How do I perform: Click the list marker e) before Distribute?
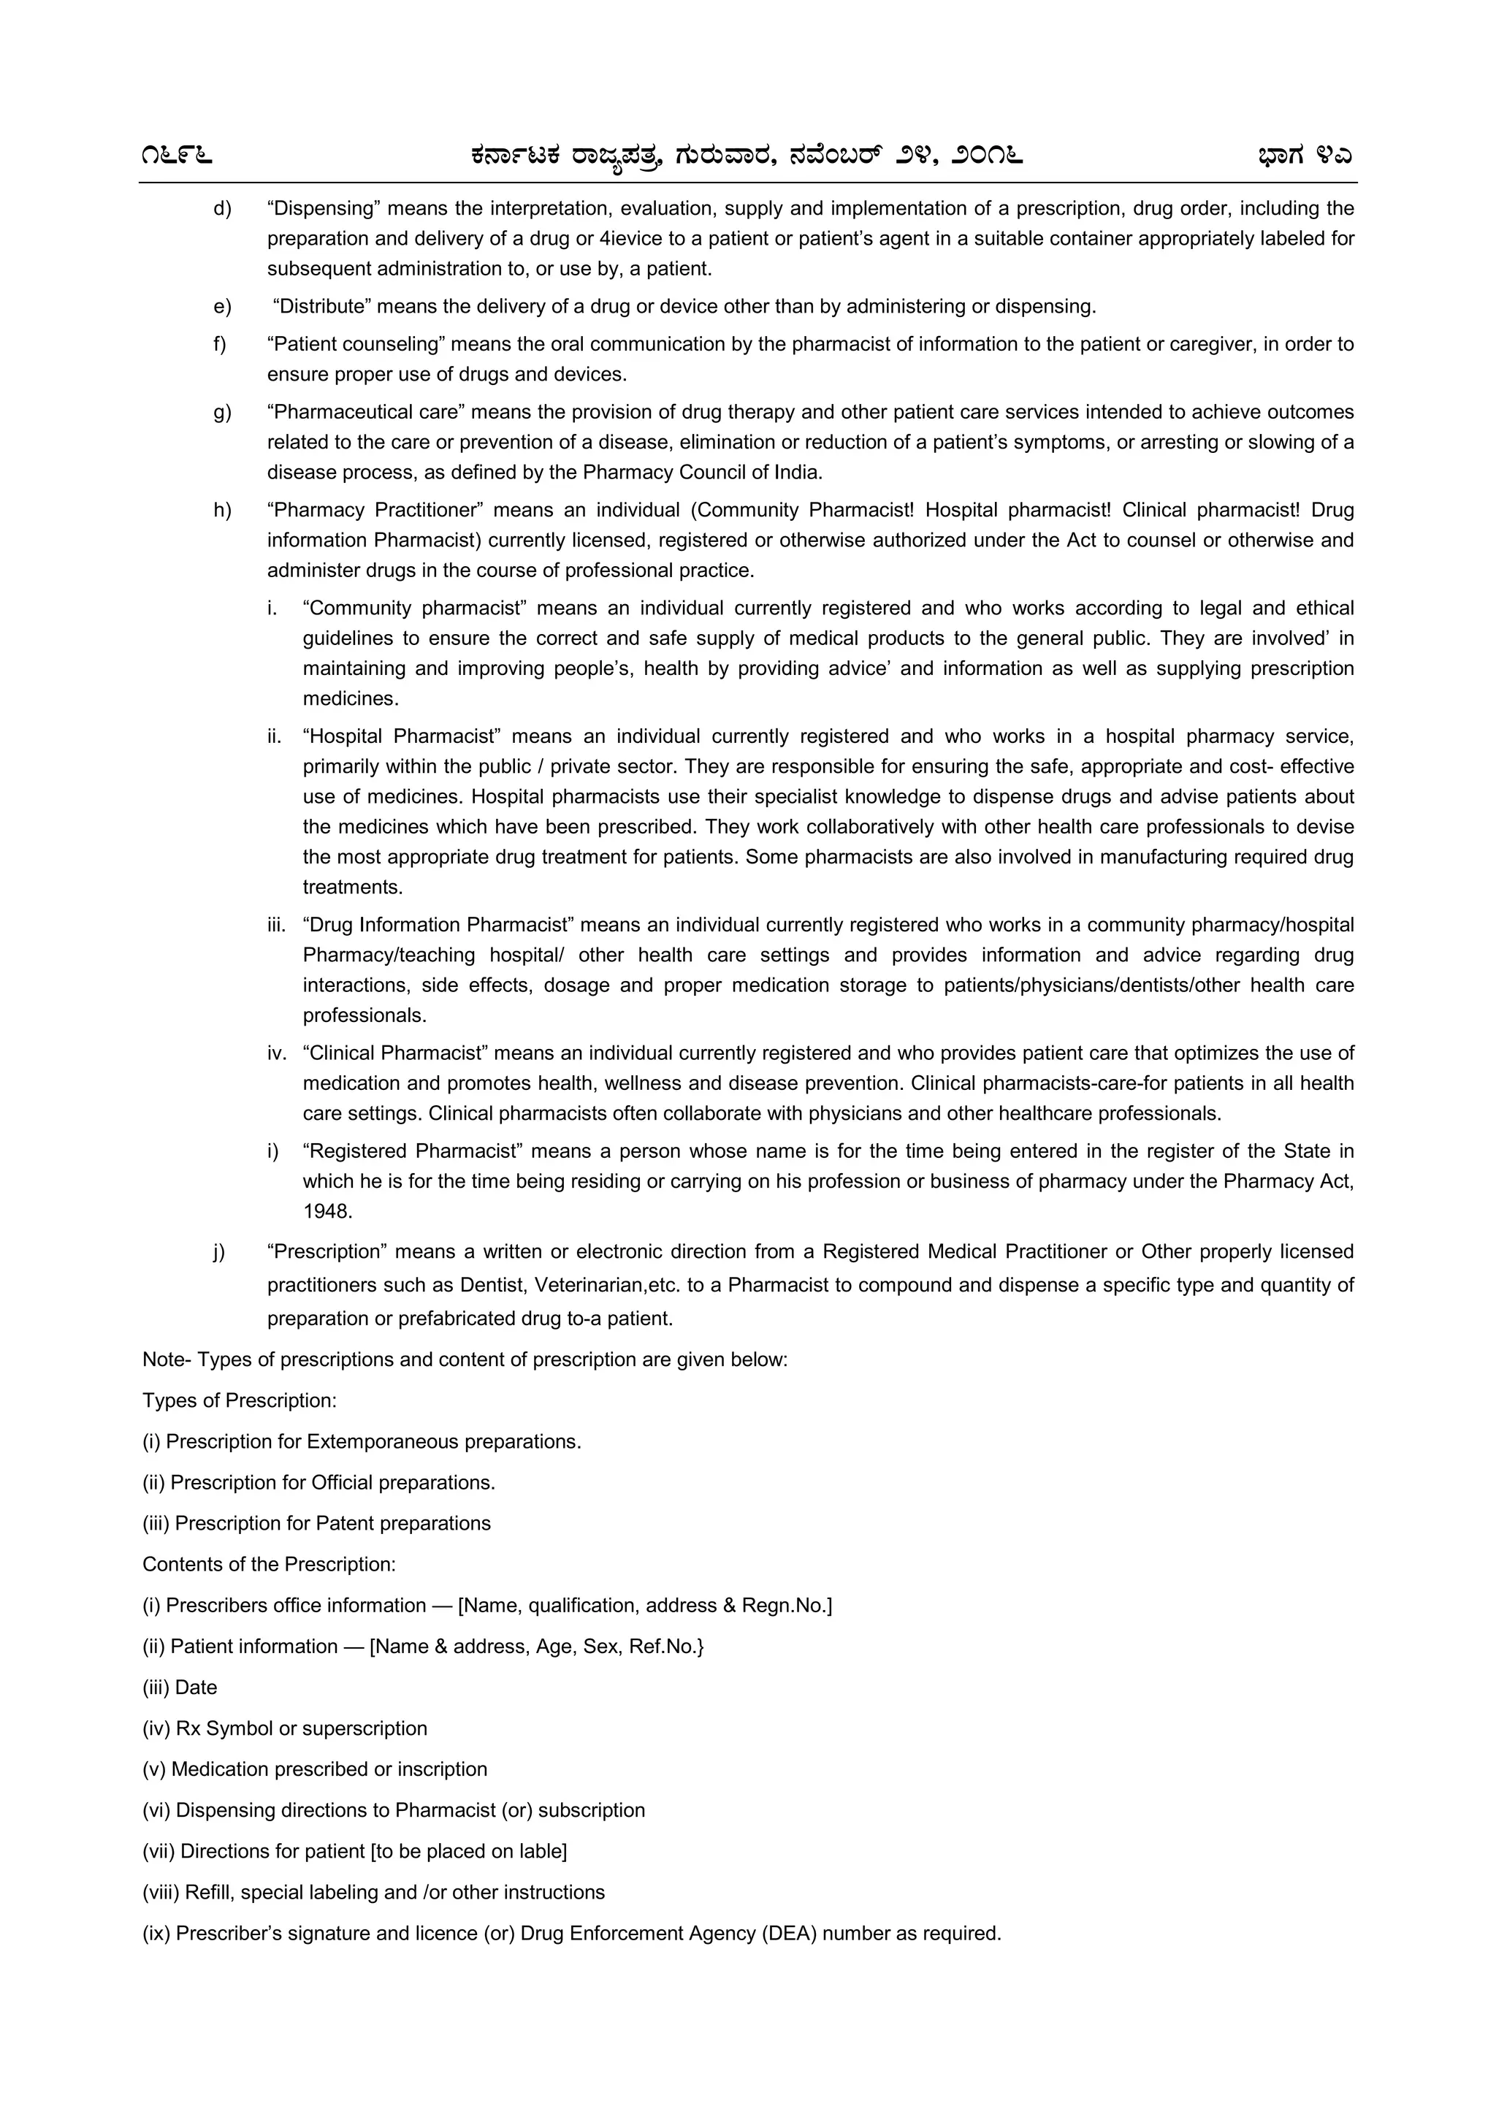[222, 306]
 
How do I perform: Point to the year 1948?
[327, 1212]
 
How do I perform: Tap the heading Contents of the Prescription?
[269, 1565]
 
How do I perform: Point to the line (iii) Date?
[180, 1687]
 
